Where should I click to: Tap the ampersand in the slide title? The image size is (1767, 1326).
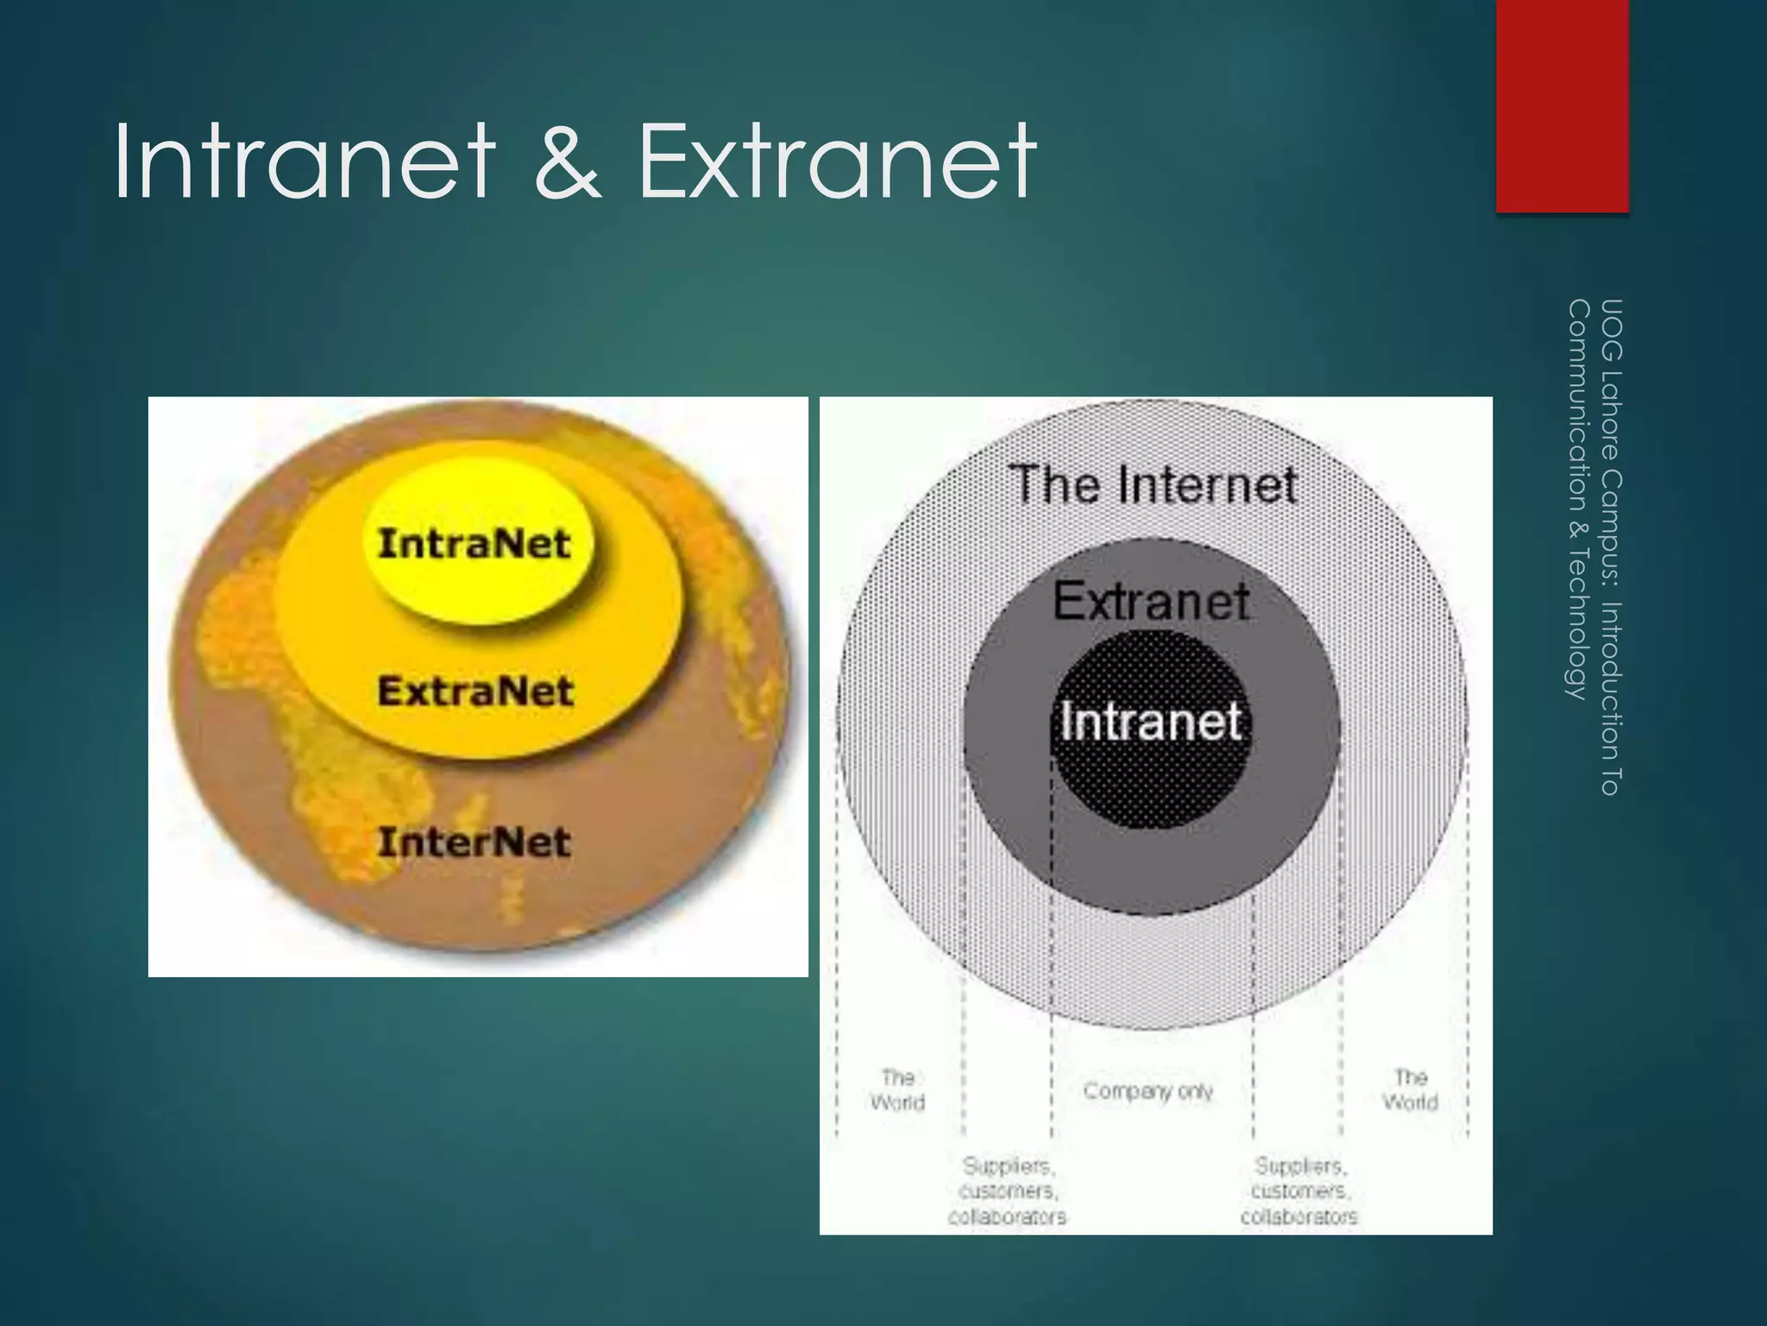tap(566, 161)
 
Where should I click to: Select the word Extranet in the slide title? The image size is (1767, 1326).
tap(837, 161)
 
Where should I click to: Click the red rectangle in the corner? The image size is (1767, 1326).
tap(1562, 104)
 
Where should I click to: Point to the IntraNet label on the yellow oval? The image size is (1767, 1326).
tap(475, 545)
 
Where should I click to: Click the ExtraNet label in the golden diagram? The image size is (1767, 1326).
tap(475, 691)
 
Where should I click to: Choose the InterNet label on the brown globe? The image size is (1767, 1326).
tap(475, 843)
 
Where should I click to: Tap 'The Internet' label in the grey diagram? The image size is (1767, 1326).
tap(1154, 484)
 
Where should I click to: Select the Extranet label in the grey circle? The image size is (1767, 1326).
tap(1151, 601)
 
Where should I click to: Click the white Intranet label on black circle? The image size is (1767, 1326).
tap(1151, 721)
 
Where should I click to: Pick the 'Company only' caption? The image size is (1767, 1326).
tap(1148, 1092)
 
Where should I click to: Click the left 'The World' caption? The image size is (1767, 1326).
tap(897, 1089)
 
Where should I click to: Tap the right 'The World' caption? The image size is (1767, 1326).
tap(1410, 1089)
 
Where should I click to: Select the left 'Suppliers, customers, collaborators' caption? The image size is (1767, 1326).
tap(1008, 1191)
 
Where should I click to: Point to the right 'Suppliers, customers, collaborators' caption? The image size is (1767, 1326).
tap(1299, 1191)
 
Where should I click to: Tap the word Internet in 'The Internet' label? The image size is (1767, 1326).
tap(1208, 484)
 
